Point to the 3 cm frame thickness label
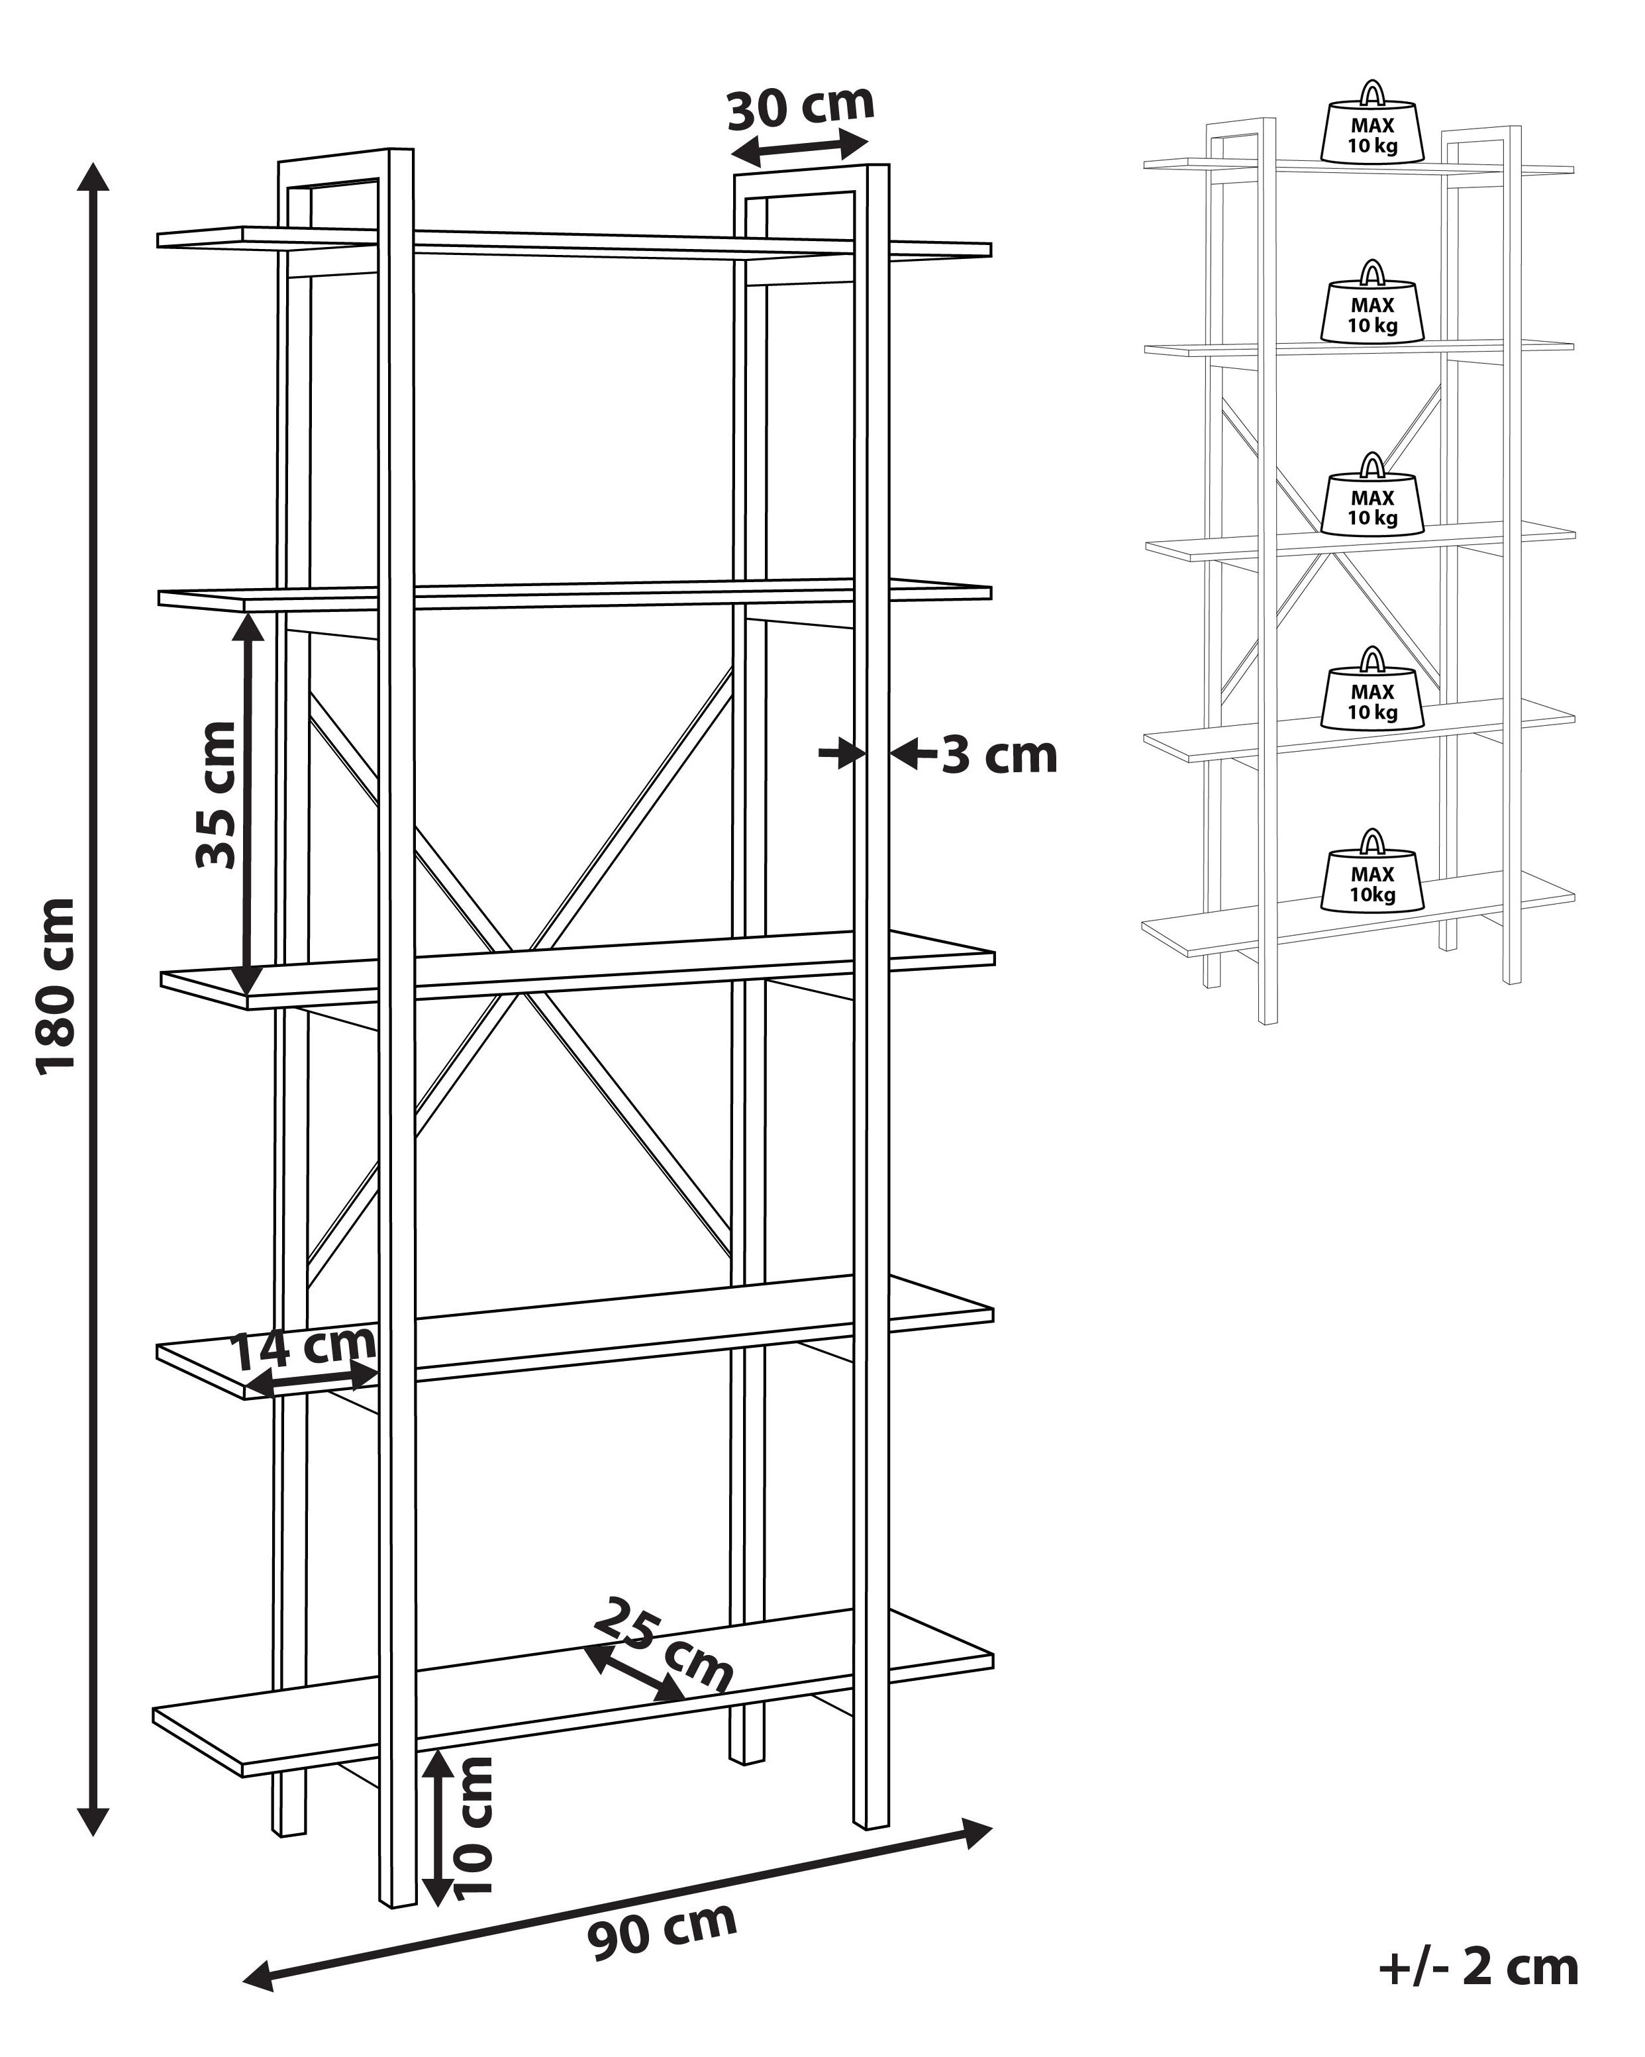(1000, 756)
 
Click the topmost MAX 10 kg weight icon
(1372, 121)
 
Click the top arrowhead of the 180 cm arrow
(93, 177)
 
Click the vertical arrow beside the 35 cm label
(247, 803)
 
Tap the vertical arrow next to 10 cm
(437, 1827)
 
